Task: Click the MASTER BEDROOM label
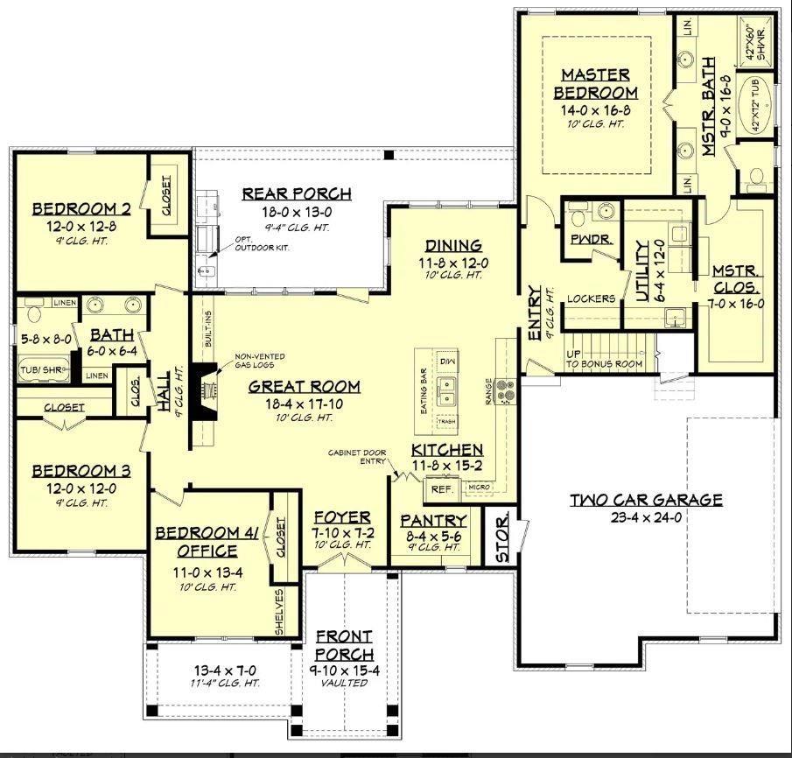[599, 83]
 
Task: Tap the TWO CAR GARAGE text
[646, 500]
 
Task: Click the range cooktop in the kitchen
[507, 388]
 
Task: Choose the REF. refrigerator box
[439, 488]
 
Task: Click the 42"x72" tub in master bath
[758, 103]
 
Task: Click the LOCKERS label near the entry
[592, 298]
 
